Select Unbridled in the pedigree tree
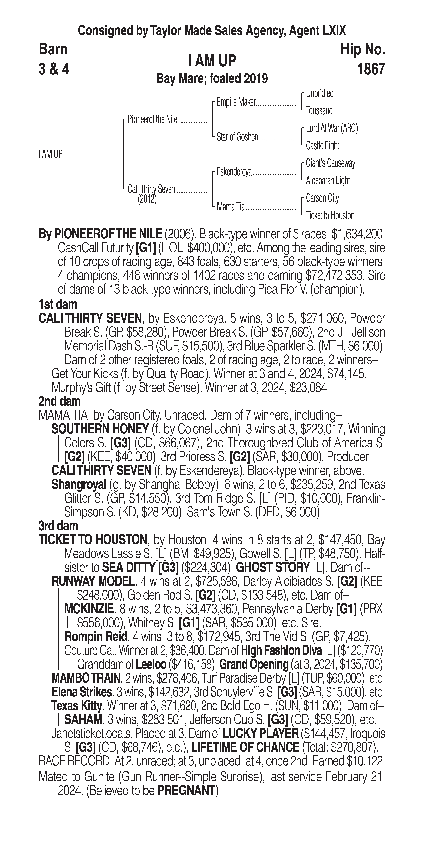(x=319, y=93)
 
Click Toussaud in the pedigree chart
(x=319, y=111)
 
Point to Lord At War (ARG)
(x=332, y=128)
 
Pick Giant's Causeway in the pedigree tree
(x=330, y=163)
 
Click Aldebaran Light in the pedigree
(x=328, y=180)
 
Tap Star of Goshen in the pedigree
(x=237, y=137)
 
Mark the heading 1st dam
(x=58, y=304)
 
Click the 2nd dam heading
(x=60, y=401)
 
